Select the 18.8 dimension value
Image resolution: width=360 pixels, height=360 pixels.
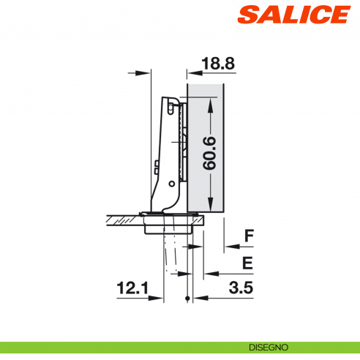(x=217, y=64)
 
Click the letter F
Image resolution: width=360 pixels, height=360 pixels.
(x=249, y=236)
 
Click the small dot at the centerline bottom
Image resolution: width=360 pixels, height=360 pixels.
(x=189, y=299)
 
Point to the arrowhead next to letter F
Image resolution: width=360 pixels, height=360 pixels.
(x=226, y=247)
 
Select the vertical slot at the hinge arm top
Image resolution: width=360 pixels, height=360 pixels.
(x=172, y=108)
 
